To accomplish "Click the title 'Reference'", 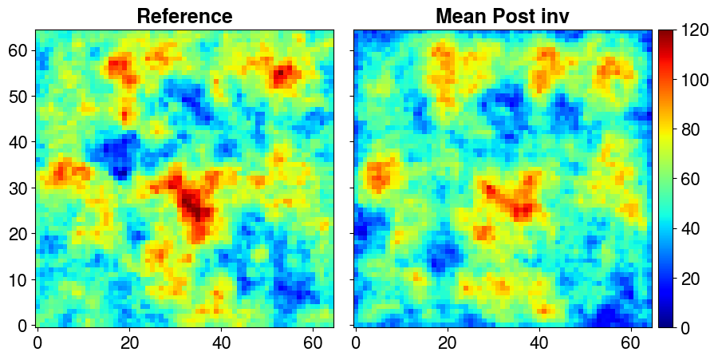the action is tap(184, 16).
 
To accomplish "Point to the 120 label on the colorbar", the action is tap(695, 30).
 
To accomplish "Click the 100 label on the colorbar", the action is tap(695, 80).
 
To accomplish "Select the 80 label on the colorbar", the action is tap(691, 129).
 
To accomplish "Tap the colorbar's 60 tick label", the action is tap(691, 179).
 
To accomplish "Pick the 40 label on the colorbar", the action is tap(691, 228).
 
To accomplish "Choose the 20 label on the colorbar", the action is tap(691, 278).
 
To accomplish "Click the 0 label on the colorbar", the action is tap(686, 327).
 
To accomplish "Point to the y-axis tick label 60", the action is tap(19, 50).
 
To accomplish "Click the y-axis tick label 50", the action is tap(19, 96).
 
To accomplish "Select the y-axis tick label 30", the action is tap(19, 188).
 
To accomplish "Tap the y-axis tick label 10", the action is tap(19, 279).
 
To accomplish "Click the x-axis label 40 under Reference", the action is tap(221, 343).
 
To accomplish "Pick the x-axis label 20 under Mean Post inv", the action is tap(448, 343).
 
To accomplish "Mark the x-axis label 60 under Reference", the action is tap(313, 343).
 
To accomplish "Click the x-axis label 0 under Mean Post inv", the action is tap(357, 343).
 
